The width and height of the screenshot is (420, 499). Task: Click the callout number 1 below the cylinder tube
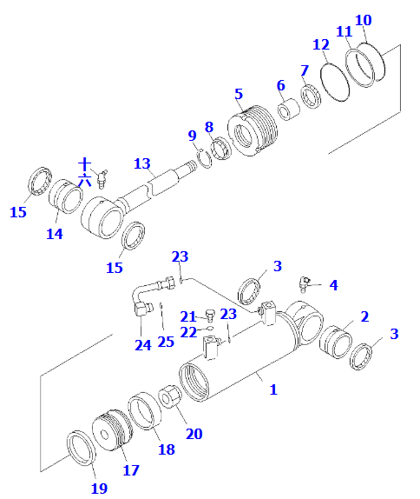pyautogui.click(x=272, y=389)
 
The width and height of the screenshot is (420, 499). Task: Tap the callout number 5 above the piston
pyautogui.click(x=238, y=93)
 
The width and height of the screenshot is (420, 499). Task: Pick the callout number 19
pyautogui.click(x=99, y=488)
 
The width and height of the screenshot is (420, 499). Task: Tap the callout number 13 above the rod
pyautogui.click(x=142, y=163)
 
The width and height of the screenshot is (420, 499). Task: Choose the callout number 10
pyautogui.click(x=364, y=19)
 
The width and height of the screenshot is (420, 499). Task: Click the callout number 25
pyautogui.click(x=165, y=342)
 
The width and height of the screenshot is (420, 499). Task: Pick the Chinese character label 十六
pyautogui.click(x=84, y=172)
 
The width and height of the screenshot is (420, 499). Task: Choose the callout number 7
pyautogui.click(x=304, y=70)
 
